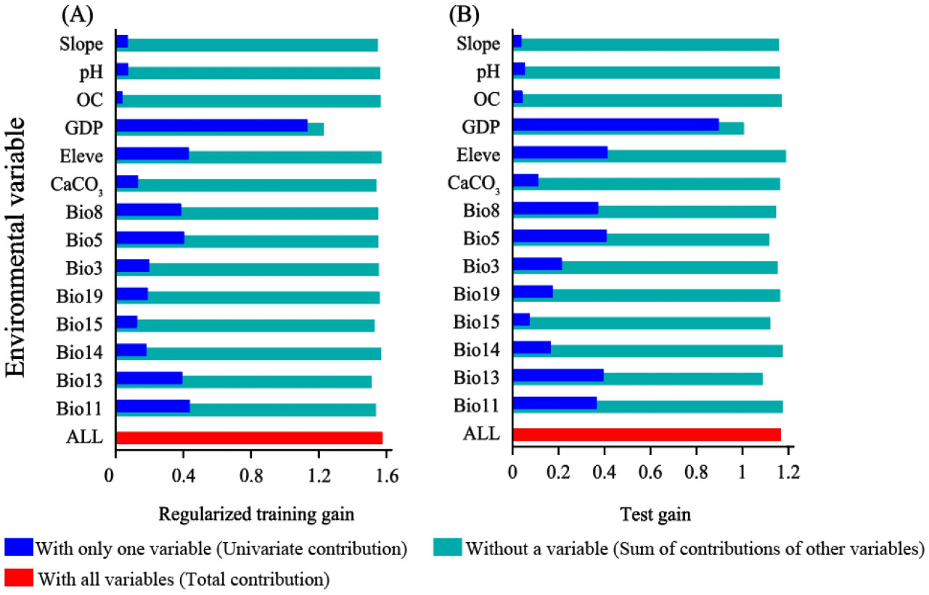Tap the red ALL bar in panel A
(249, 438)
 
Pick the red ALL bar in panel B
(646, 435)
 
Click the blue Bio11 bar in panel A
(152, 406)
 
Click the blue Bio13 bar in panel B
(557, 375)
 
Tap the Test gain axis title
(655, 514)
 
